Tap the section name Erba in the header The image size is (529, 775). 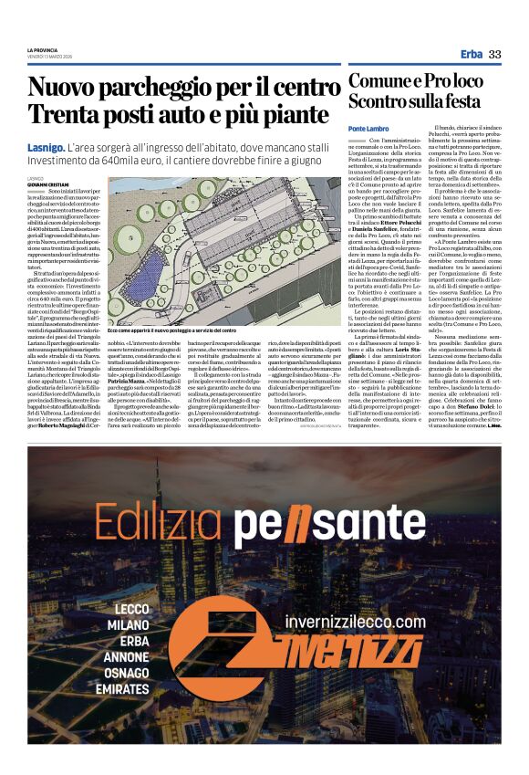pyautogui.click(x=472, y=54)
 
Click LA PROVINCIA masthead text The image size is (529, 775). pyautogui.click(x=43, y=49)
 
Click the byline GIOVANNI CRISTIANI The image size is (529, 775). pyautogui.click(x=47, y=184)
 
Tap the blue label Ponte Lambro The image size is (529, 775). pyautogui.click(x=368, y=129)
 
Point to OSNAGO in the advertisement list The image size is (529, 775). pyautogui.click(x=126, y=672)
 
